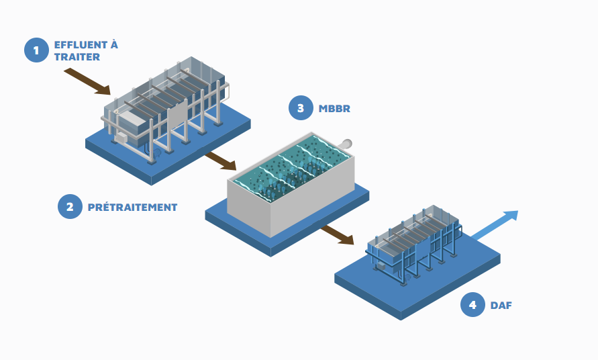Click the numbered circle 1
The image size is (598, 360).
[x=36, y=50]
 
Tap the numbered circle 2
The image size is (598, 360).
[x=70, y=207]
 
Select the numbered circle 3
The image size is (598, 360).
[x=301, y=108]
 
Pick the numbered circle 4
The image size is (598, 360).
[x=472, y=305]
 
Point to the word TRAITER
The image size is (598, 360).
[x=77, y=57]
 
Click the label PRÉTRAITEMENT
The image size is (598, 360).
[x=132, y=208]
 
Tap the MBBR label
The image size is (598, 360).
[x=334, y=108]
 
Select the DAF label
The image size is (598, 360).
[x=501, y=306]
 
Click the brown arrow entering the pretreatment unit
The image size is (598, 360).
[x=87, y=81]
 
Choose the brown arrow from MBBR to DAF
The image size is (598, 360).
[x=337, y=235]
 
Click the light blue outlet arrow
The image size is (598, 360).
[x=497, y=225]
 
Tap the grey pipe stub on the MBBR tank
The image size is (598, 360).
[x=347, y=143]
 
